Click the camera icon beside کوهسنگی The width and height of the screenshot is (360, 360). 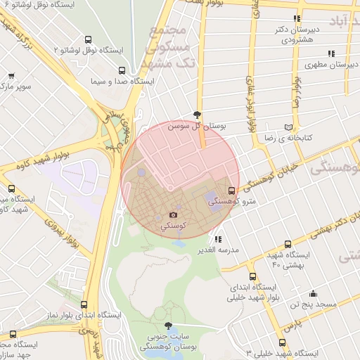click(173, 214)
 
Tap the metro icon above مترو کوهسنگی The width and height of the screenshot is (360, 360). click(232, 190)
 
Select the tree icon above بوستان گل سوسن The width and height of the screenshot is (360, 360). click(198, 115)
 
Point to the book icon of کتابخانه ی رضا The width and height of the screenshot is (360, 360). click(287, 127)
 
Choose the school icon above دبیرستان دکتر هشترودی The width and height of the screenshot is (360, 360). click(298, 18)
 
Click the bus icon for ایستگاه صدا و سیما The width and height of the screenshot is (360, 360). click(122, 70)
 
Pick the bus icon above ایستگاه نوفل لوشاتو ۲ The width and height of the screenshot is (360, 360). click(87, 40)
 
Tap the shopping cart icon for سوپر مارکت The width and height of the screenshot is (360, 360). click(11, 75)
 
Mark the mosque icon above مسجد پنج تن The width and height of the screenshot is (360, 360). click(313, 293)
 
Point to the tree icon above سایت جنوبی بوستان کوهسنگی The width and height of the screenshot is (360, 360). click(167, 326)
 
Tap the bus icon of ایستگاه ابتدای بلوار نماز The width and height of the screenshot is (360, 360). click(84, 305)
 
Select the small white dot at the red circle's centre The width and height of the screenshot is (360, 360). click(169, 188)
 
